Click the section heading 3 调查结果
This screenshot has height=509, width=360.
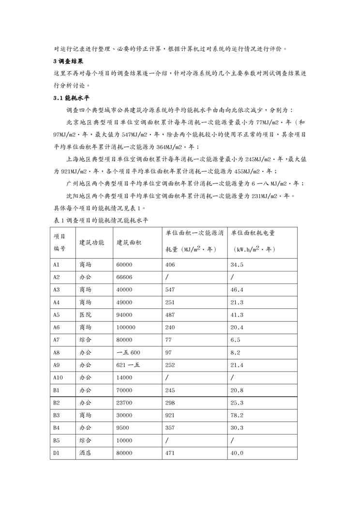click(x=68, y=61)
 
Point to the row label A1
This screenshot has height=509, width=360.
click(x=56, y=265)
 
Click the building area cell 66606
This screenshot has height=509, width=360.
click(x=124, y=277)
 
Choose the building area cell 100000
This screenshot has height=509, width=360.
click(x=126, y=327)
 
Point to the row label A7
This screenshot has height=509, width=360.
click(x=56, y=340)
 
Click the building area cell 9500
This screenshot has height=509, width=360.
click(x=123, y=427)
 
